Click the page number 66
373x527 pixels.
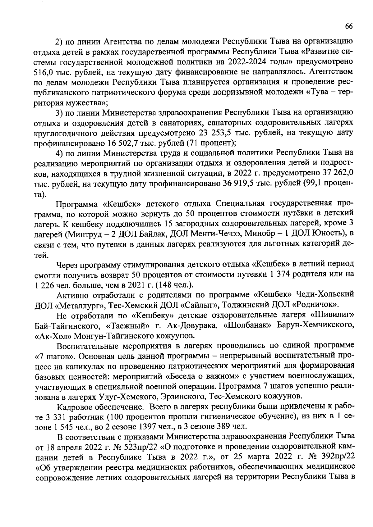coord(349,27)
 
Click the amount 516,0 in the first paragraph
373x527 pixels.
coord(44,72)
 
